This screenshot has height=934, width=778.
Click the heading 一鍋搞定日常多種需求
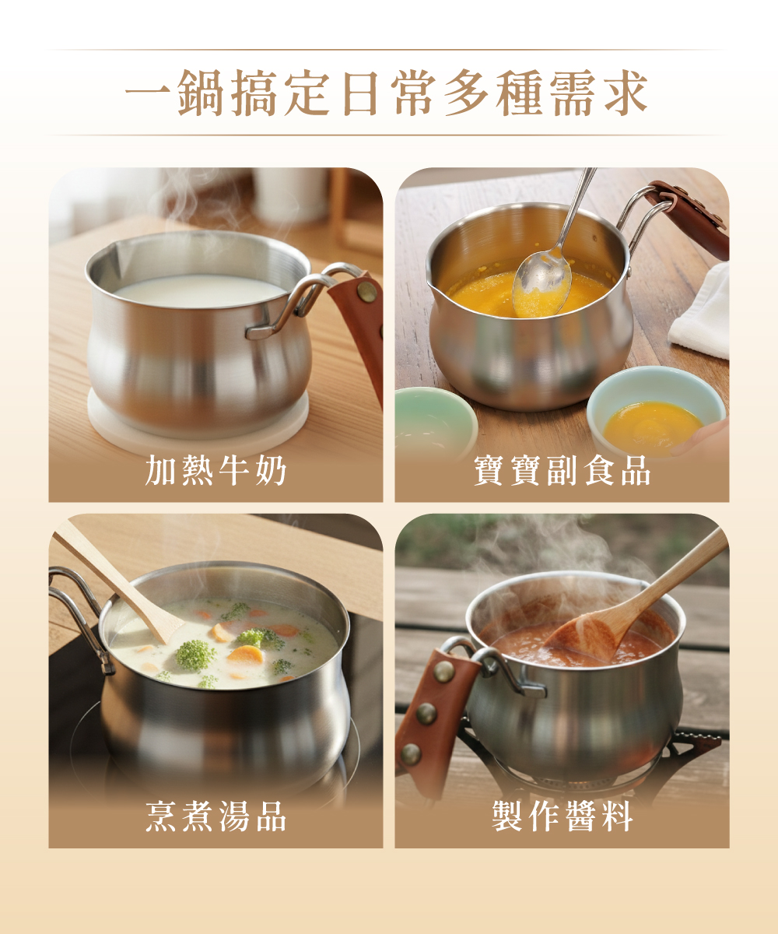coord(387,93)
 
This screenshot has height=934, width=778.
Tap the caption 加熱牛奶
coord(216,471)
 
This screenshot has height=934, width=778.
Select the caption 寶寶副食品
coord(562,471)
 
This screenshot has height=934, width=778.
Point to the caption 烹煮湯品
coord(216,816)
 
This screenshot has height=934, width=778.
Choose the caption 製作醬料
coord(562,816)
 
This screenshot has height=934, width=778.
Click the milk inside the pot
coord(200,291)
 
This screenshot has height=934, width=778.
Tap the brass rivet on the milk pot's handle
coord(366,292)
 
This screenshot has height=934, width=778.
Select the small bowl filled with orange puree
coord(656,412)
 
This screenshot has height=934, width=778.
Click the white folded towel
coord(701,313)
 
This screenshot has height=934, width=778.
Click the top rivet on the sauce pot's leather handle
coord(443,671)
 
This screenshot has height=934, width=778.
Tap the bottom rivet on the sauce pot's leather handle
coord(411,754)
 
